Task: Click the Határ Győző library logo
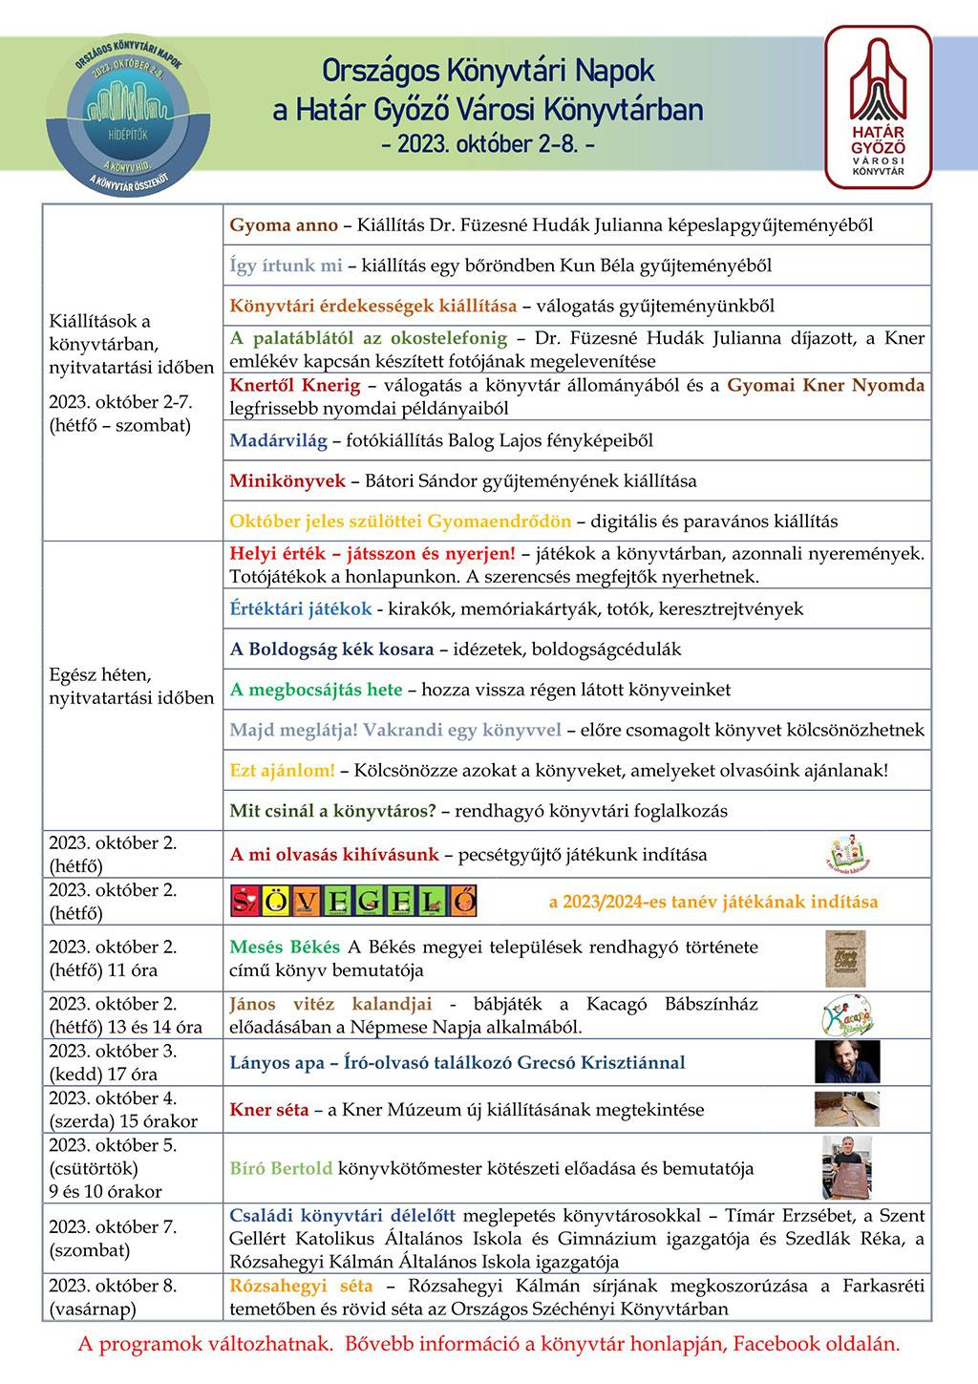[878, 107]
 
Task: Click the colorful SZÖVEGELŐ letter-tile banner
[354, 901]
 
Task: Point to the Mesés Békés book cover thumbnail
[844, 958]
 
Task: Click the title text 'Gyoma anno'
[284, 225]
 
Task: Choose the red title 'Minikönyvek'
[287, 480]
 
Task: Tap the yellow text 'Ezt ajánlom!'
[282, 770]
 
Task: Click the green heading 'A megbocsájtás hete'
[316, 689]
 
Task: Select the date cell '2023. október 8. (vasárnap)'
[113, 1296]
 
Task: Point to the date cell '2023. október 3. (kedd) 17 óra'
[113, 1062]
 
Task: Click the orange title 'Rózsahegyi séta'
[301, 1286]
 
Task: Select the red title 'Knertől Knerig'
[295, 386]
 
